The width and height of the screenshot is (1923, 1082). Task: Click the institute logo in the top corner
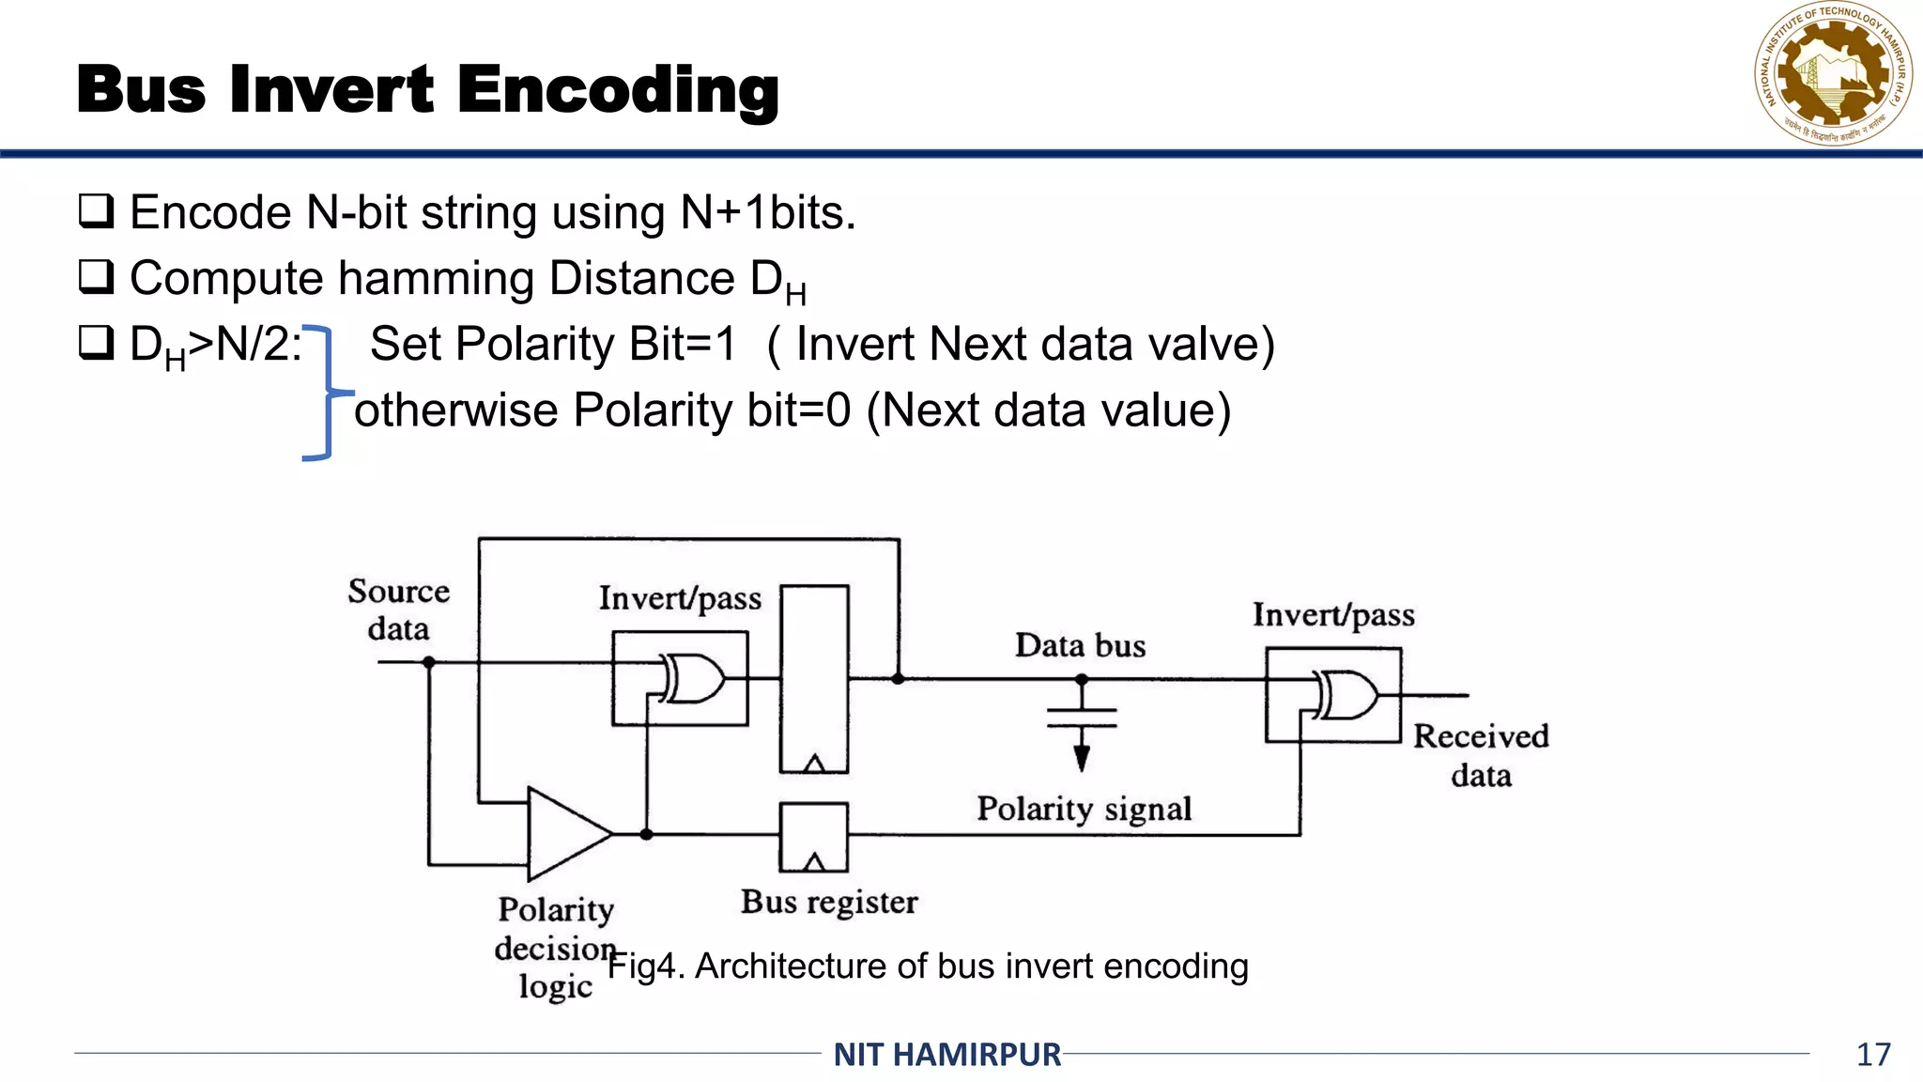tap(1832, 75)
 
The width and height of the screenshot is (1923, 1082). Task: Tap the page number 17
tap(1872, 1054)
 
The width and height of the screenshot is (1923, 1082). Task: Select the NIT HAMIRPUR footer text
tap(946, 1054)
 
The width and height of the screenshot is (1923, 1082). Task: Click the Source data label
tap(398, 610)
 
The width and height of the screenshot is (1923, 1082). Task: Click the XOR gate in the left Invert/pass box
tap(693, 678)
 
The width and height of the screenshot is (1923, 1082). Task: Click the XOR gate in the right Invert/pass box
tap(1346, 695)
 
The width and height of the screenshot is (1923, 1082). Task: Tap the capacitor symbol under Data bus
tap(1082, 718)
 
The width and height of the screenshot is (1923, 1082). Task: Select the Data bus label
tap(1080, 646)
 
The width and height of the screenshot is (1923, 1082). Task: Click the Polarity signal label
tap(1084, 809)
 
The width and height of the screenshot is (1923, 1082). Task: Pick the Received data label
tap(1481, 755)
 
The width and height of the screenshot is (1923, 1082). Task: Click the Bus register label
tap(828, 902)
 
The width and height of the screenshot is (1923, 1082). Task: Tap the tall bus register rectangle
tap(814, 678)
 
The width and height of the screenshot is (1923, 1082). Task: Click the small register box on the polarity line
tap(813, 837)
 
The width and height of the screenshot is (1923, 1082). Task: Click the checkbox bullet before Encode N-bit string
tap(96, 211)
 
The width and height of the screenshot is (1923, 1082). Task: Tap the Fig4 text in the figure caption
tap(642, 966)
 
